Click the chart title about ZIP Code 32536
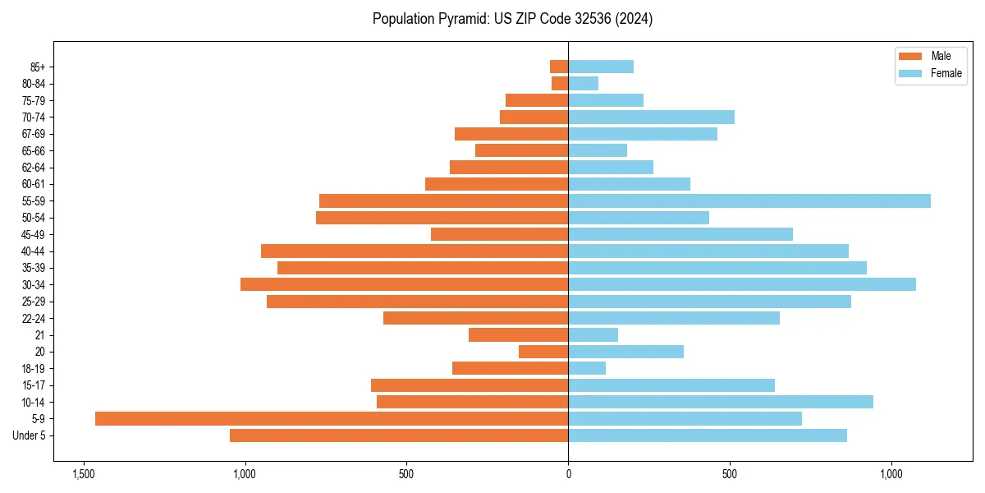512,19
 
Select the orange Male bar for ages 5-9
332,418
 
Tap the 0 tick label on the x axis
568,474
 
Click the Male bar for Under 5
399,435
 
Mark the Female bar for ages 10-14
720,402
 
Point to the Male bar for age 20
543,352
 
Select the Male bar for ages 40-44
415,251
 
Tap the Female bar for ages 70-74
651,117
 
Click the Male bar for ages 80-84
560,83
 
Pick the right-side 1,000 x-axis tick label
891,474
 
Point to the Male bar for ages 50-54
442,217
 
